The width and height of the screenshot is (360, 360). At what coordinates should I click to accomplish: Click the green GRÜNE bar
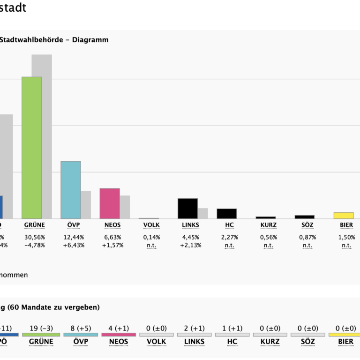(32, 148)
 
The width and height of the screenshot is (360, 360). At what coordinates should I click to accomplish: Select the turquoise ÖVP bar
(70, 190)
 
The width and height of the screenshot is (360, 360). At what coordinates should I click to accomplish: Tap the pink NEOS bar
(110, 203)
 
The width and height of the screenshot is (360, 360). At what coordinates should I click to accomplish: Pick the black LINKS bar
(187, 209)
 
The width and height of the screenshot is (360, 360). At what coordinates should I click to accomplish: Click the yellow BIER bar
(344, 216)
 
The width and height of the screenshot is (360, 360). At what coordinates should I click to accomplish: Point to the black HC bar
(226, 214)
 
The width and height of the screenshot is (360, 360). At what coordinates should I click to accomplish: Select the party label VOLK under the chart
(151, 225)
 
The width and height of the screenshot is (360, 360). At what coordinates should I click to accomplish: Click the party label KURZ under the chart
(269, 225)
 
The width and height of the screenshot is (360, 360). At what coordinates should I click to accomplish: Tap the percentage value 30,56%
(34, 237)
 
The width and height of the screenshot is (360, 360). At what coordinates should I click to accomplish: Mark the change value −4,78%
(34, 245)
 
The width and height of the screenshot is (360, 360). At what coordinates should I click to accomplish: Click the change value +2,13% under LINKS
(191, 245)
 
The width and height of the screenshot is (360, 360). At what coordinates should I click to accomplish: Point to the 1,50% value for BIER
(346, 237)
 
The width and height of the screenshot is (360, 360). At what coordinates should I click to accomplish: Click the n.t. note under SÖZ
(307, 245)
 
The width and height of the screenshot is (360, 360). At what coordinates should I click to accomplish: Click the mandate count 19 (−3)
(41, 328)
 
